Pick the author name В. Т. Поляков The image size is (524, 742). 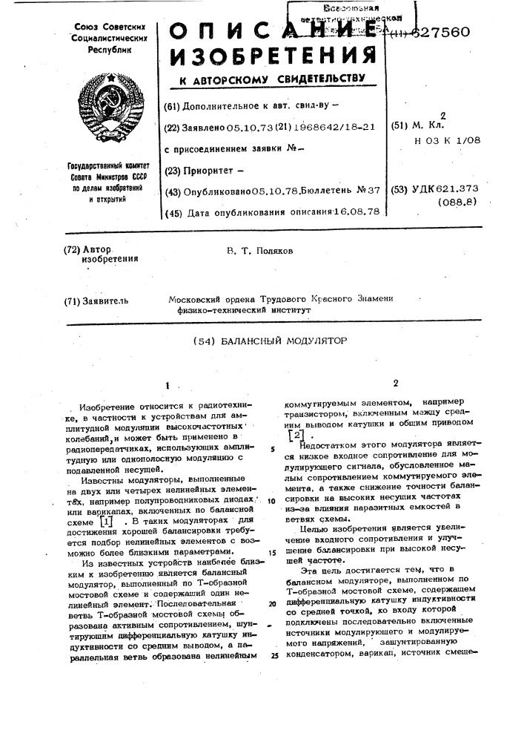pyautogui.click(x=260, y=251)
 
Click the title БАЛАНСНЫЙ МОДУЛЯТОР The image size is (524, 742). pyautogui.click(x=284, y=341)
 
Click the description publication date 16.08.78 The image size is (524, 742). pyautogui.click(x=355, y=211)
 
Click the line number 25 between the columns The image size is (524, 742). pyautogui.click(x=274, y=656)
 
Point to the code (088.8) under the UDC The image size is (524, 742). pyautogui.click(x=460, y=201)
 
